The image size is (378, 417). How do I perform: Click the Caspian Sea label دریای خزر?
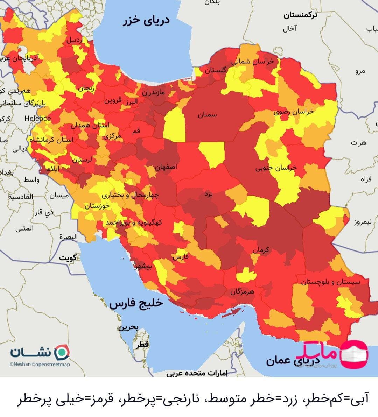coord(146,21)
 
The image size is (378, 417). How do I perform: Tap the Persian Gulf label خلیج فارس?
coord(136,303)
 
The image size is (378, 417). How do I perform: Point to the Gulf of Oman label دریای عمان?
coord(293,361)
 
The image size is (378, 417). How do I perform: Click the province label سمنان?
coord(207,114)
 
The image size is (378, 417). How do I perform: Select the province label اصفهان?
coord(166,167)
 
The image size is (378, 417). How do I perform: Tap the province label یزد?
coord(209,195)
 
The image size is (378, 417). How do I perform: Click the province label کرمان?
coord(261,250)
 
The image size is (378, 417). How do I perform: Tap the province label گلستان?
coord(215,70)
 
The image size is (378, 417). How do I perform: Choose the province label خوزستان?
coord(97,206)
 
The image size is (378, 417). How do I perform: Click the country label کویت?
coord(68,258)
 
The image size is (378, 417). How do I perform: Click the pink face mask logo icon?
coord(354,354)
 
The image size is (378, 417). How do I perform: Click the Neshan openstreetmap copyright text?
coord(40,364)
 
